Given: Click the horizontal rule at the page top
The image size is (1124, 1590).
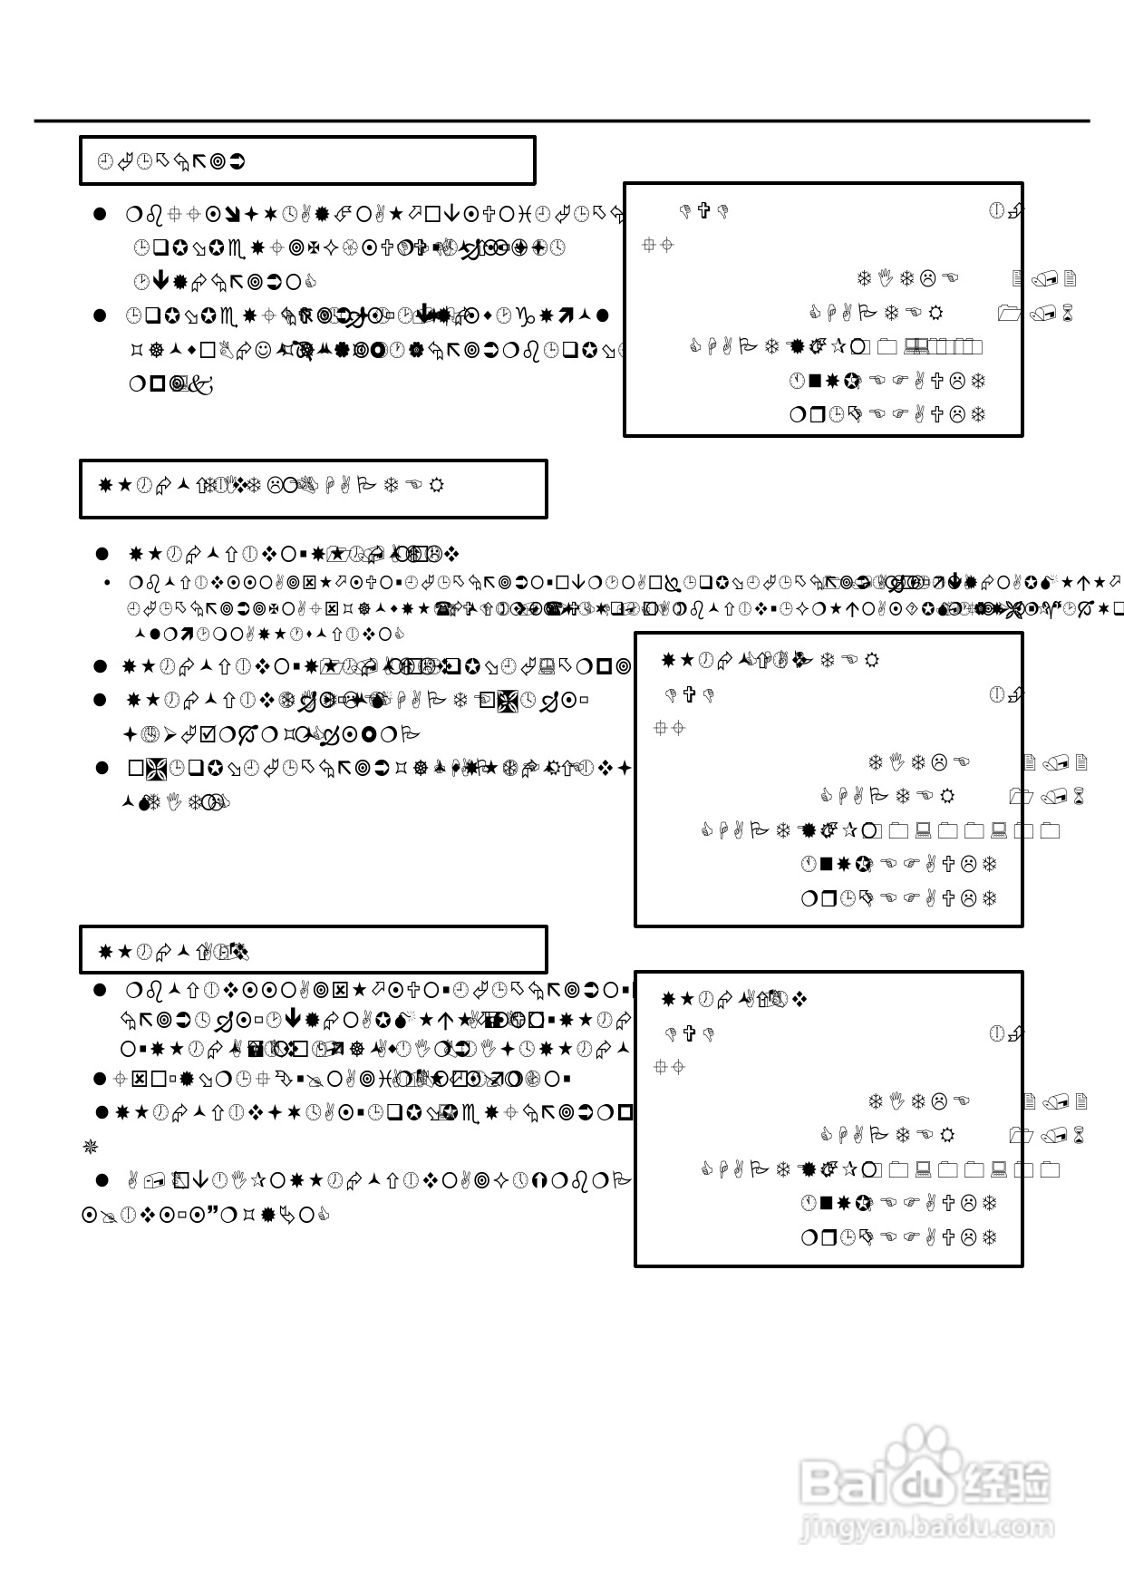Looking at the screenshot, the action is [562, 121].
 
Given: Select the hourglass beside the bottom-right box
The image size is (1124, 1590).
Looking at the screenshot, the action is [1079, 1136].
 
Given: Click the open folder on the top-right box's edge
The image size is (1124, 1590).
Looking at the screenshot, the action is [1008, 314].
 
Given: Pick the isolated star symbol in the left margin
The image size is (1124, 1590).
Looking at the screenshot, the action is [90, 1148].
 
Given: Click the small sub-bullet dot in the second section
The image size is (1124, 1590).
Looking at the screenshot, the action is [108, 583].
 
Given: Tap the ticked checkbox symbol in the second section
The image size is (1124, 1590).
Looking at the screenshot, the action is [208, 733].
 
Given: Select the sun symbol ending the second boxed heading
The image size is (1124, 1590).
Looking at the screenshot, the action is [436, 485].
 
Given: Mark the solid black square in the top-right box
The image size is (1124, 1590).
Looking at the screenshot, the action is [814, 381].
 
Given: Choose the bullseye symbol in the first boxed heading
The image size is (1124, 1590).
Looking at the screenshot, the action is [218, 162].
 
